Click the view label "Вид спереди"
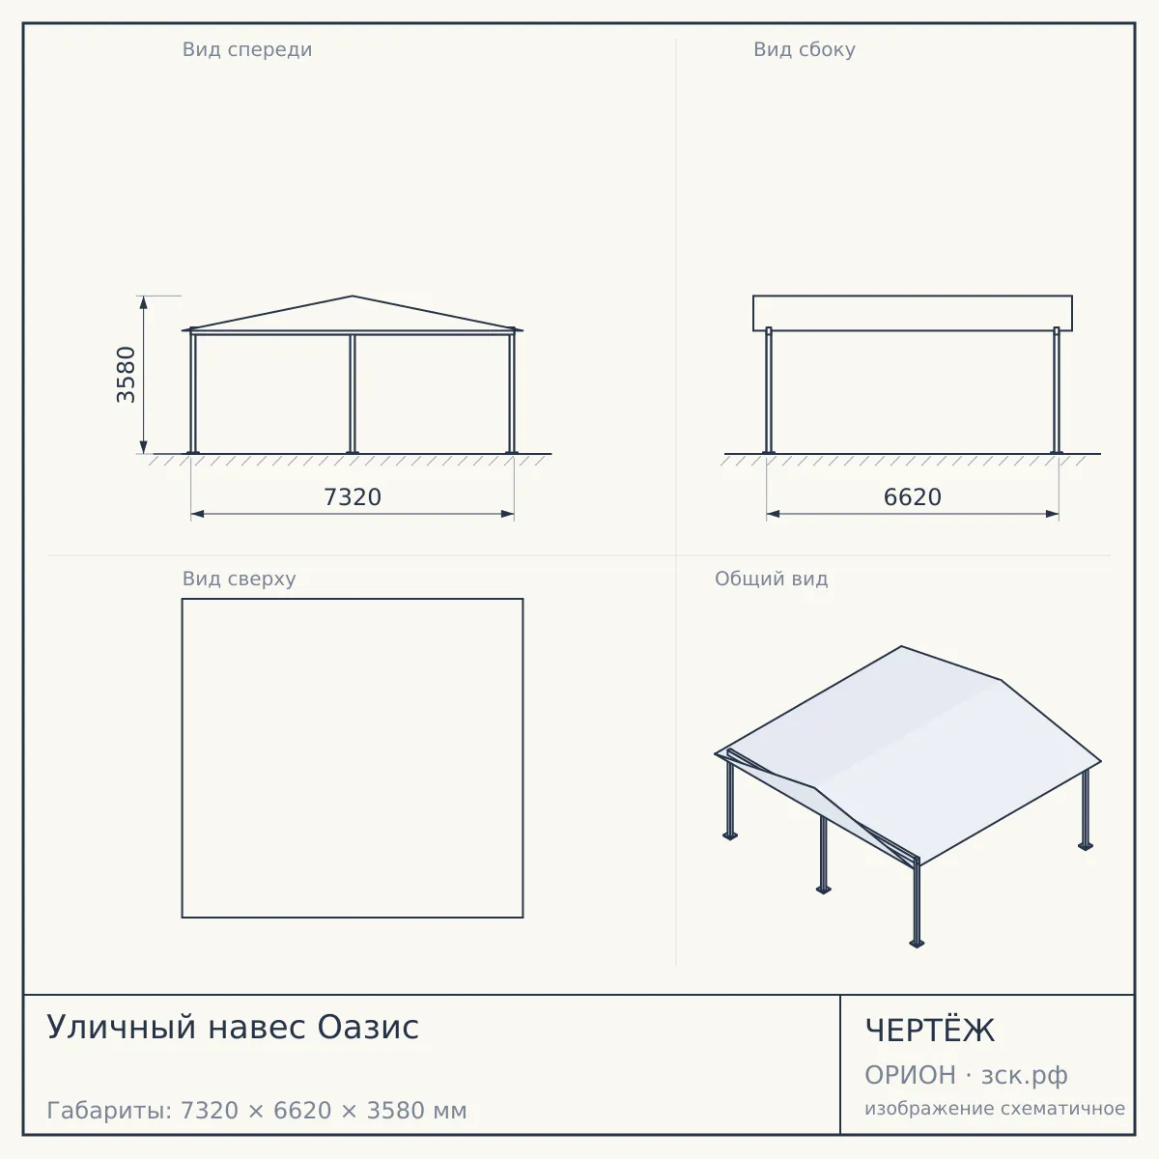pyautogui.click(x=247, y=49)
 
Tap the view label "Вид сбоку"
pyautogui.click(x=805, y=49)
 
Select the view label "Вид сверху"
pyautogui.click(x=239, y=579)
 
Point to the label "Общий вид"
pyautogui.click(x=771, y=579)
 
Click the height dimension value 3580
pyautogui.click(x=127, y=374)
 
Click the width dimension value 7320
pyautogui.click(x=353, y=497)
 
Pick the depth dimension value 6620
pyautogui.click(x=913, y=497)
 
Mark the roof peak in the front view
pyautogui.click(x=353, y=296)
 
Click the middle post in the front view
pyautogui.click(x=353, y=394)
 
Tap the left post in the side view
pyautogui.click(x=769, y=390)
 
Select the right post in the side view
pyautogui.click(x=1057, y=390)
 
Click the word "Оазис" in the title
pyautogui.click(x=368, y=1027)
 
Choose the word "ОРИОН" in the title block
pyautogui.click(x=910, y=1075)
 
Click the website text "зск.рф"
pyautogui.click(x=1025, y=1076)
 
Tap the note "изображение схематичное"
pyautogui.click(x=995, y=1108)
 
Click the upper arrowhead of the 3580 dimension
pyautogui.click(x=144, y=302)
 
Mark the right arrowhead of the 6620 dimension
pyautogui.click(x=1052, y=514)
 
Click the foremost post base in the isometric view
pyautogui.click(x=917, y=943)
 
